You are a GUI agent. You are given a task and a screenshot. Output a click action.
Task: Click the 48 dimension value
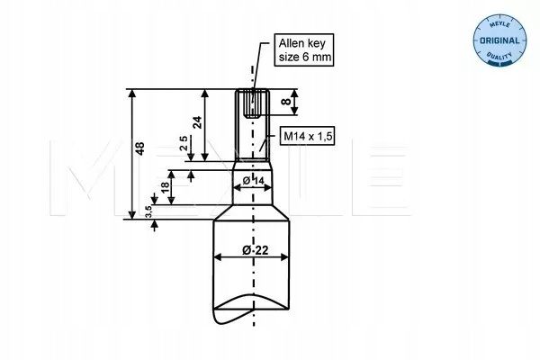point(139,150)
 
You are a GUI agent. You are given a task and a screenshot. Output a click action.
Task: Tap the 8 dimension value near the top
point(285,102)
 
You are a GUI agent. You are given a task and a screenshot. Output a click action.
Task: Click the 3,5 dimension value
point(148,211)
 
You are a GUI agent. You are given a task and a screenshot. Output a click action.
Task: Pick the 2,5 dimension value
point(184,145)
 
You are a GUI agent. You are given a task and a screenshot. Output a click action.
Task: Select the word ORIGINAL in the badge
point(497,41)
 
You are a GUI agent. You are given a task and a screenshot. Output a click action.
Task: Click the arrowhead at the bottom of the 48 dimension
point(131,214)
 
